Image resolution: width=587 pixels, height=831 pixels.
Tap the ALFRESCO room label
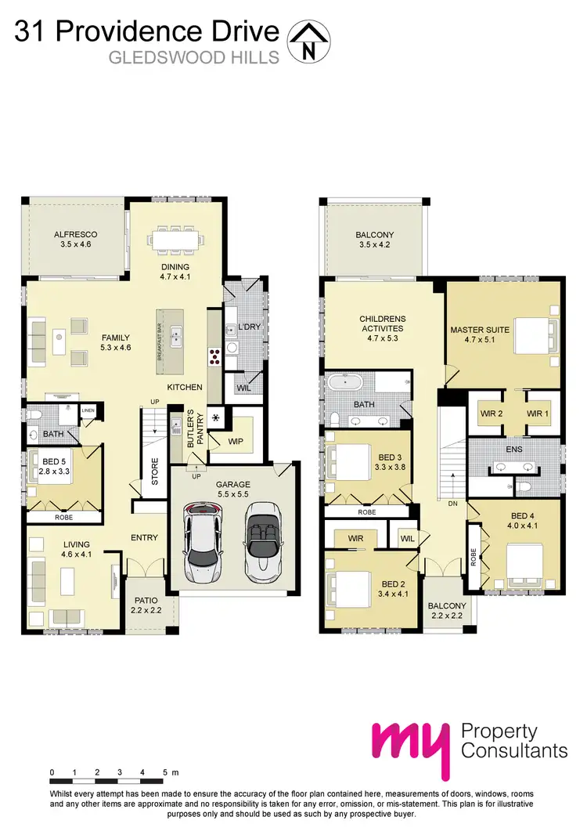click(75, 239)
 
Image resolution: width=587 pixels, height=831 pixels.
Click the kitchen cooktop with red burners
click(214, 357)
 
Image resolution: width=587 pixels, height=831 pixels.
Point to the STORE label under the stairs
click(155, 472)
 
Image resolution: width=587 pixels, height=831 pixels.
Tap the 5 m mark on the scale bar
click(165, 772)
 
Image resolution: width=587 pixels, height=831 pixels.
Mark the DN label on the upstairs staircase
click(452, 504)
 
